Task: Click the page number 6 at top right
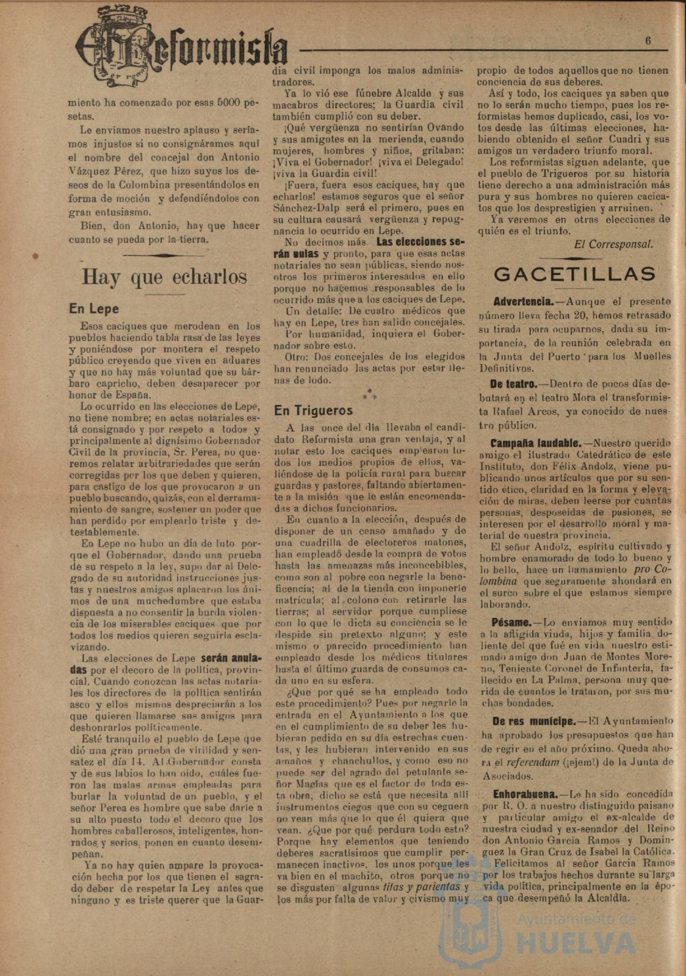tap(648, 41)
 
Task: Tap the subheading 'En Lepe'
tap(94, 309)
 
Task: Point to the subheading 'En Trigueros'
tap(314, 411)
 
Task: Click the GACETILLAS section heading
tap(574, 274)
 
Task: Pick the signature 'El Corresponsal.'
tap(613, 244)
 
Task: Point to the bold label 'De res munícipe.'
tap(533, 721)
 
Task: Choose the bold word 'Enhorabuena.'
tap(525, 794)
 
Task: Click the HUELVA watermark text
tap(576, 943)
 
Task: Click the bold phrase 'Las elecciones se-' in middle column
tap(421, 241)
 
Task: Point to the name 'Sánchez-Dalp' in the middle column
tap(301, 207)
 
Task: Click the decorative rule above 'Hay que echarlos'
tap(164, 255)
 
